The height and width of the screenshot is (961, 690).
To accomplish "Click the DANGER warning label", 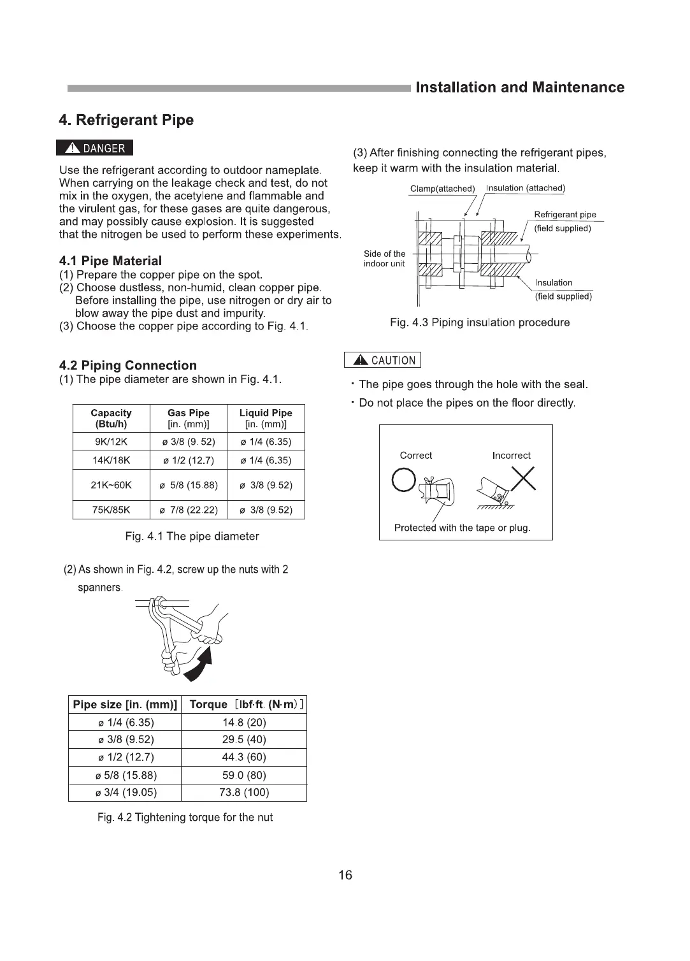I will tap(95, 148).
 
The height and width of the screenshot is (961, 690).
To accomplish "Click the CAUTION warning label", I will tap(383, 361).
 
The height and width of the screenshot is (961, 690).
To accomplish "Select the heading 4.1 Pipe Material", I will tap(110, 261).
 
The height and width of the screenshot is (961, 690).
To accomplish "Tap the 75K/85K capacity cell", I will tap(111, 510).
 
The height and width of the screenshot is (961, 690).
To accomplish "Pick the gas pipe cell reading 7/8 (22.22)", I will tap(188, 510).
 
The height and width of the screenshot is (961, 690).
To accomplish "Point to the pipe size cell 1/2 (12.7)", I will tap(125, 757).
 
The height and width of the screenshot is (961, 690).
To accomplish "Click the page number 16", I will tap(345, 875).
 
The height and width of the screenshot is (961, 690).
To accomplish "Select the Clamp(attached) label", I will tap(443, 189).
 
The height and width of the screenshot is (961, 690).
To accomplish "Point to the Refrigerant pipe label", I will tap(565, 215).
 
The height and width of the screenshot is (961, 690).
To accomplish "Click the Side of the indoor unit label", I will tap(384, 259).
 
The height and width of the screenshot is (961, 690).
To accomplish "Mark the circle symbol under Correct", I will tap(404, 480).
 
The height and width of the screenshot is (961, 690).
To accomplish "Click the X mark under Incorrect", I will tap(522, 479).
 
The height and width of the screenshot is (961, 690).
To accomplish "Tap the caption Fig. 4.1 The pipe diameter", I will tap(192, 537).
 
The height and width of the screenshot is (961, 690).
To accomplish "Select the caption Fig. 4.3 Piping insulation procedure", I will tap(480, 322).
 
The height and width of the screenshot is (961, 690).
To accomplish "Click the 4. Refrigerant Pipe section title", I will tap(126, 120).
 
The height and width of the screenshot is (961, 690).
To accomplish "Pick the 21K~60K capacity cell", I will tap(111, 485).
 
